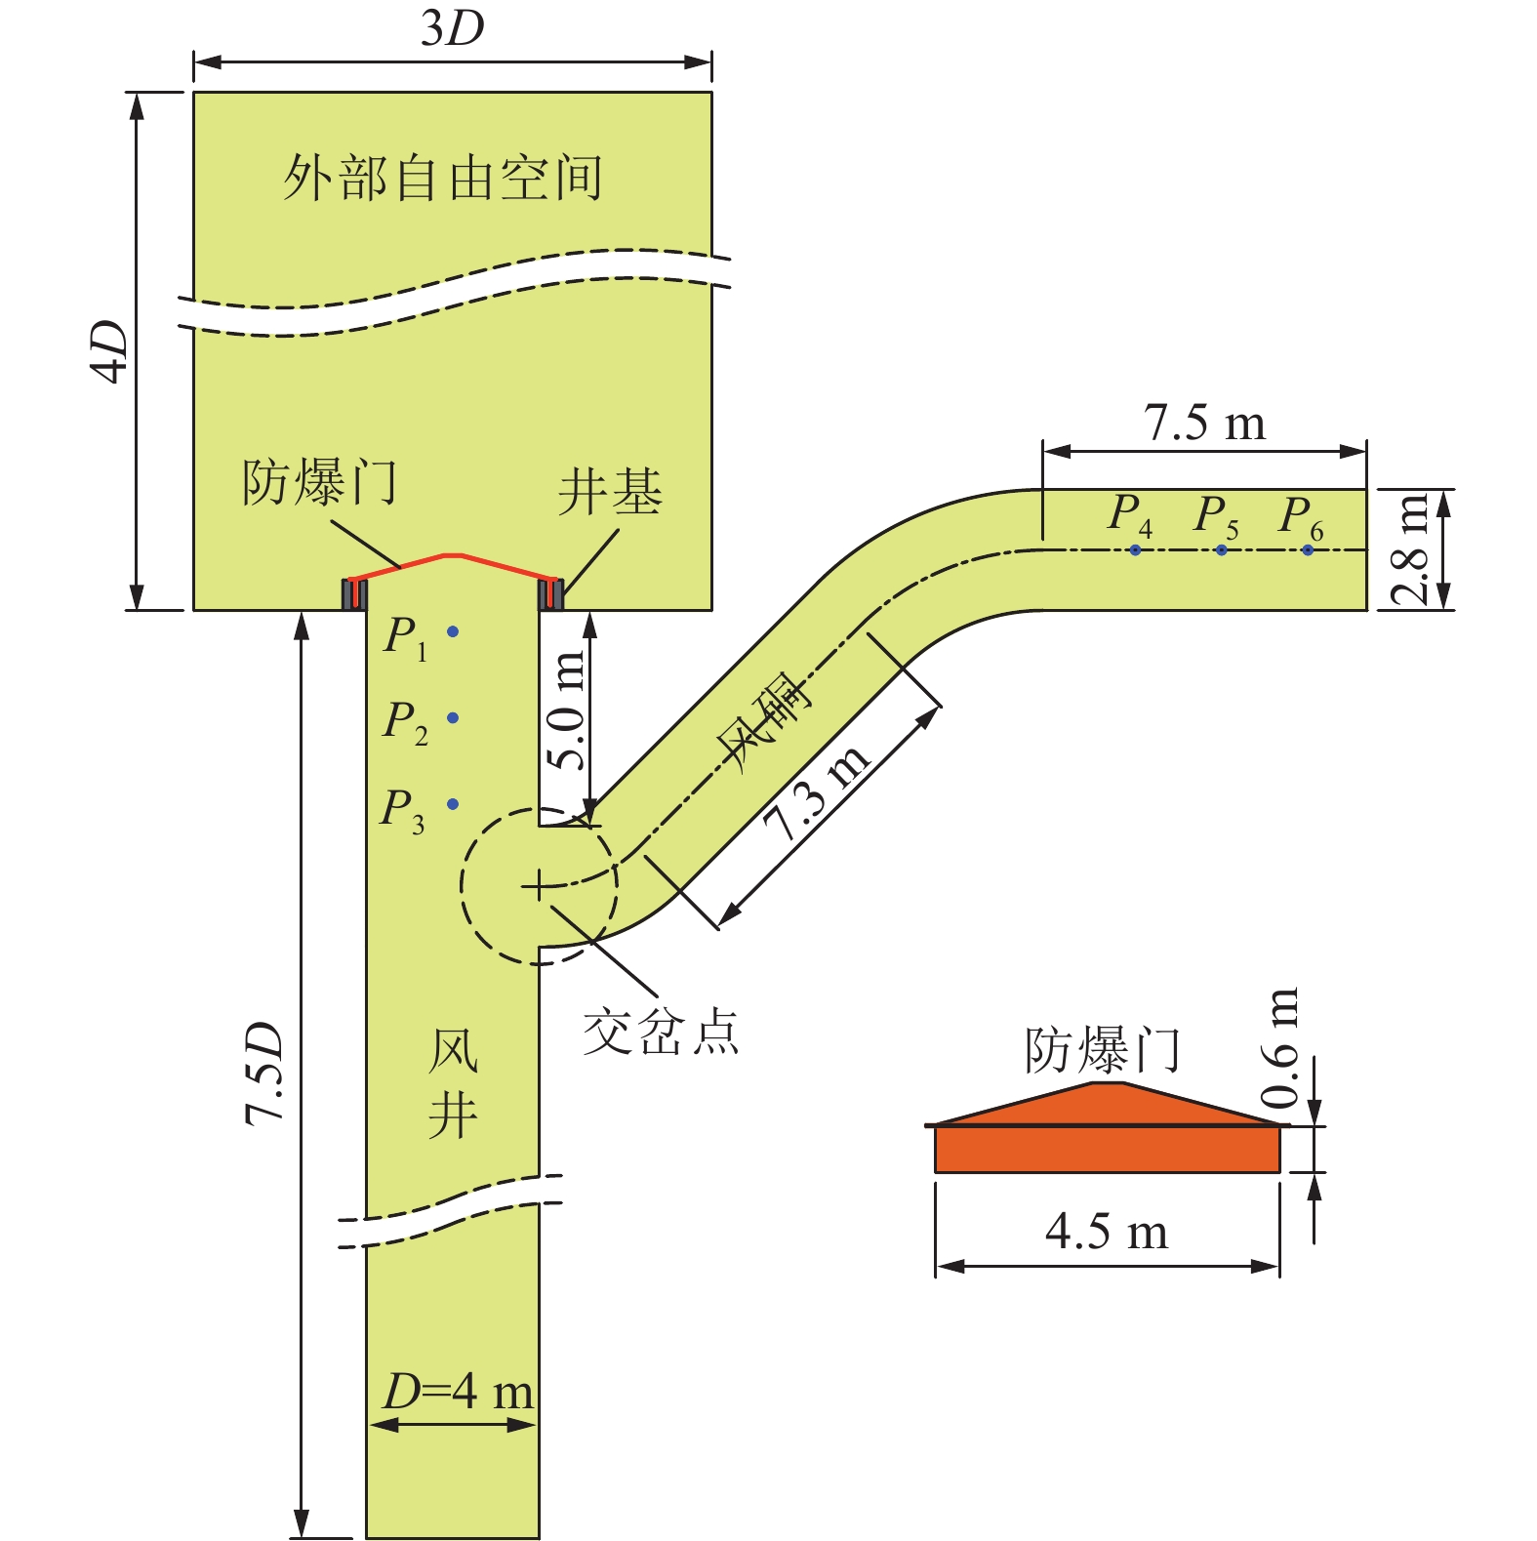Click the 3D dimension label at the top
coord(452,29)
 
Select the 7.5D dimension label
coord(264,1074)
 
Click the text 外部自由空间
coord(443,179)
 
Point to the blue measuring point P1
coord(453,632)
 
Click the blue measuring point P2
coord(453,718)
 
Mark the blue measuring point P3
coord(453,804)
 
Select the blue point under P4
coord(1135,550)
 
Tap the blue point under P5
coord(1221,550)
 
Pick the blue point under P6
coord(1308,550)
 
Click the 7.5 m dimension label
coord(1204,424)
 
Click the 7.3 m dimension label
coord(816,792)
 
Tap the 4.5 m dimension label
coord(1107,1232)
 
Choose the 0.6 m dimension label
coord(1280,1048)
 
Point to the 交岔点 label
coord(661,1033)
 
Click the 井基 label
coord(610,492)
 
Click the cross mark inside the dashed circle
coord(538,886)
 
